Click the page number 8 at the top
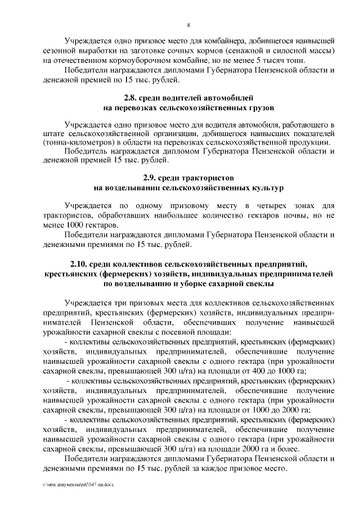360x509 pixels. (x=188, y=25)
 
